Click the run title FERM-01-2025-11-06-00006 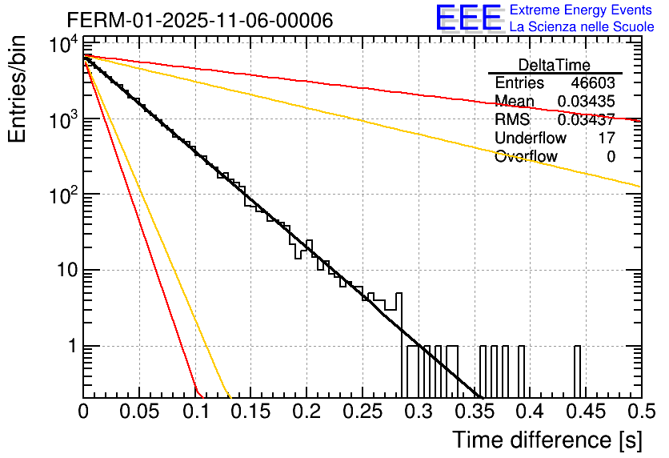(199, 20)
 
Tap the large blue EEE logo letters (468, 20)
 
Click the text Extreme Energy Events (581, 10)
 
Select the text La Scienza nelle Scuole (582, 27)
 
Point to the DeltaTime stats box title (555, 65)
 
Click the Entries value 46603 (593, 83)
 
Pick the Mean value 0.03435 (586, 102)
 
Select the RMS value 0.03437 (586, 120)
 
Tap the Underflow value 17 (606, 138)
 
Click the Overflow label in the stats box (526, 156)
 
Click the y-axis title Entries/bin (24, 90)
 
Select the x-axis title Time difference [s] (546, 440)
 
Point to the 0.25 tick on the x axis (362, 412)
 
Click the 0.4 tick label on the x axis (529, 412)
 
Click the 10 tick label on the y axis (64, 270)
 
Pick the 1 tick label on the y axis (70, 346)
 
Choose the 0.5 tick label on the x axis (640, 412)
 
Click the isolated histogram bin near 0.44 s (578, 372)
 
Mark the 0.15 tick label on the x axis (250, 412)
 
